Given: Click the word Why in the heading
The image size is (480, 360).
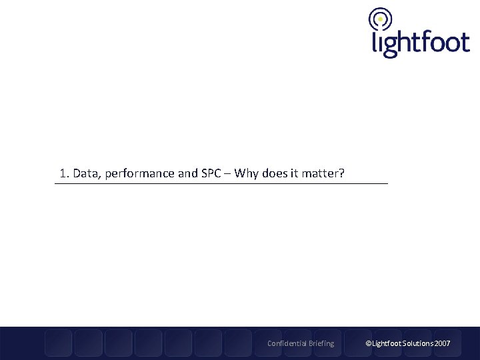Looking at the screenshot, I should click(248, 174).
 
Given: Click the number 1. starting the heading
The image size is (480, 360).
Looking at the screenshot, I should click(64, 174).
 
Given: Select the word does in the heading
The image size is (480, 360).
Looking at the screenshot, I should click(276, 174).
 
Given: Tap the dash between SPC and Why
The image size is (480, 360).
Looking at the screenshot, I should click(229, 175).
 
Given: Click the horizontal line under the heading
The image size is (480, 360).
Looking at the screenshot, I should click(221, 183).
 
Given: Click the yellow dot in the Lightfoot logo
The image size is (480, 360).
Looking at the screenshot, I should click(380, 19).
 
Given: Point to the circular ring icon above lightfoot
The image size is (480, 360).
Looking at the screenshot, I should click(380, 19).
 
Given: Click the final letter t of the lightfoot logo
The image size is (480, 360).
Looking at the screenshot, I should click(464, 43).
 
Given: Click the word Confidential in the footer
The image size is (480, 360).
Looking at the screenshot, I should click(287, 343).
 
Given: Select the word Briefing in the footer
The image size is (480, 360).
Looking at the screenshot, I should click(321, 343).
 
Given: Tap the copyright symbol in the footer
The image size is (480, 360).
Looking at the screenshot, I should click(367, 343).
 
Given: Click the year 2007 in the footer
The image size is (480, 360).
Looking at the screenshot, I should click(442, 343).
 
